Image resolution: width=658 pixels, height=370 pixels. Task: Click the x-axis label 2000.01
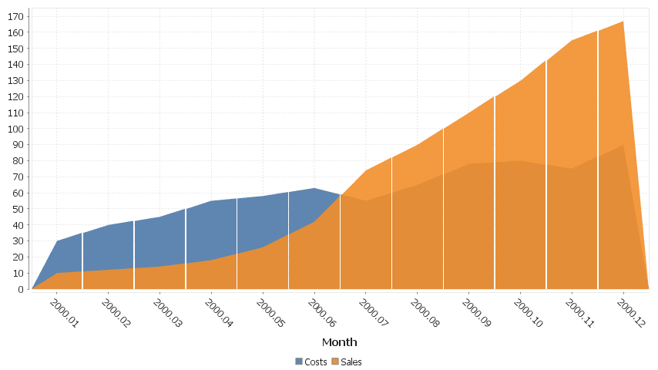tap(64, 314)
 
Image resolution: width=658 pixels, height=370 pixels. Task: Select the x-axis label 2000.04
tap(219, 314)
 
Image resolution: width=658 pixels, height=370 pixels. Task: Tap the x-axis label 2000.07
tap(374, 314)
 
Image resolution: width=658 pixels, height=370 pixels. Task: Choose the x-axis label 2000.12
tap(631, 314)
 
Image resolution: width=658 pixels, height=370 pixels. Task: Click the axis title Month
tap(339, 341)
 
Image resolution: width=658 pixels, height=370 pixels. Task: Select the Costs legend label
tap(316, 362)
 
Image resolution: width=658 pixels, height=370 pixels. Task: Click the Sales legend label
tap(351, 362)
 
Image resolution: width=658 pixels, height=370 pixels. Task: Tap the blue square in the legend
tap(299, 362)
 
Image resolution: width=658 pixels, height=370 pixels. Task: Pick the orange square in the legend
tap(335, 362)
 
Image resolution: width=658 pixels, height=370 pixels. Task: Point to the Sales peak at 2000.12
tap(623, 22)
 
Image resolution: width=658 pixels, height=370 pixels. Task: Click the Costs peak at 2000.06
tap(314, 188)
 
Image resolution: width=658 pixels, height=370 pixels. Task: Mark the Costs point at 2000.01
tap(57, 241)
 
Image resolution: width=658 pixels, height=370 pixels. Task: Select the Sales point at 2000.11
tap(572, 41)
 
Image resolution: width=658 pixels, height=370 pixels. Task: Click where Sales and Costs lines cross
tap(341, 195)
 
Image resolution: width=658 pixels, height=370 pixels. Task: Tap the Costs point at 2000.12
tap(623, 145)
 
